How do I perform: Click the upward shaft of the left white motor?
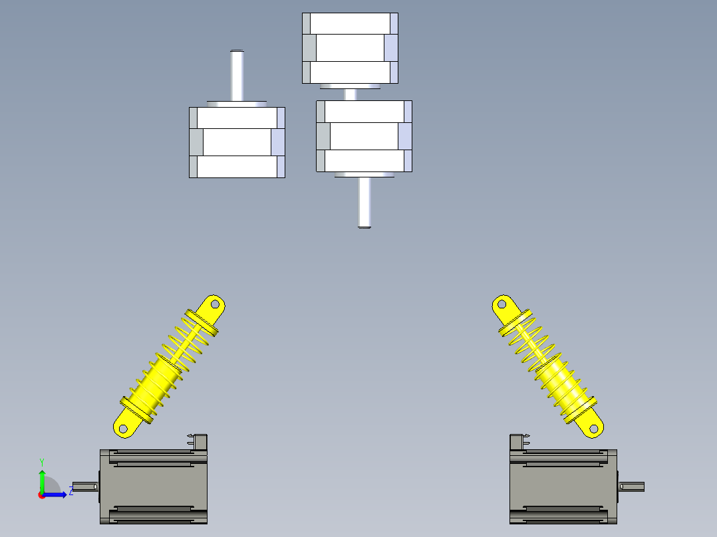[237, 75]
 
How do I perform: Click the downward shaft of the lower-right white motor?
[364, 202]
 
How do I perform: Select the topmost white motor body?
[351, 48]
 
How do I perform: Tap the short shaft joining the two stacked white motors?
[351, 94]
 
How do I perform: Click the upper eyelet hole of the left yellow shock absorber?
[215, 304]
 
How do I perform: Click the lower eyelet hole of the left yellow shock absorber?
[123, 429]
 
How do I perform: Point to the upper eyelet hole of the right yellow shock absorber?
[502, 304]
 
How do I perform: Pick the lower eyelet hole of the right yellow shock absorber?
[593, 429]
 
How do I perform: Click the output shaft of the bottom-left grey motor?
[86, 486]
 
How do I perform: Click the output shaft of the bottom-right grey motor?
[631, 486]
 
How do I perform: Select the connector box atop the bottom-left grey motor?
[198, 442]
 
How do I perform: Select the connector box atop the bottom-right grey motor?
[519, 442]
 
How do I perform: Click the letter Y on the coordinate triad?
[42, 463]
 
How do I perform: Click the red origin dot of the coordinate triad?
[42, 495]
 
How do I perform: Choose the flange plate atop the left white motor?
[237, 104]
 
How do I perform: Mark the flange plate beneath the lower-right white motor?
[364, 175]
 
